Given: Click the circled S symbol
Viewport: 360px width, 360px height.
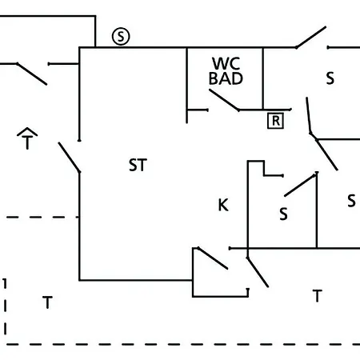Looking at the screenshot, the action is pos(121,36).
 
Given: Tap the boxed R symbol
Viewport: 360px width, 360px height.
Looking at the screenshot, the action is pos(275,121).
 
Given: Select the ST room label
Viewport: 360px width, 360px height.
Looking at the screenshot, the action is pos(138,165).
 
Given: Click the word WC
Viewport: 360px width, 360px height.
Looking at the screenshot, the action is pos(226,63).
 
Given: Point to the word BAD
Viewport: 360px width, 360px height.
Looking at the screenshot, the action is pos(226,78).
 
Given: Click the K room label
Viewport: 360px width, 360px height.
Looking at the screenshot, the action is pos(223,205).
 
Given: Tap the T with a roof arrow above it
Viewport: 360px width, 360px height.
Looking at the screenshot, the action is pos(27,138).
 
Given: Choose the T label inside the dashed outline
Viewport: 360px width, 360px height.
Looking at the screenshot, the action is pos(47,302).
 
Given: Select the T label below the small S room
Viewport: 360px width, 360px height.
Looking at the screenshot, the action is pos(317,296).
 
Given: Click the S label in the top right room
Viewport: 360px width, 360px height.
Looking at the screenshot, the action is pos(330,78).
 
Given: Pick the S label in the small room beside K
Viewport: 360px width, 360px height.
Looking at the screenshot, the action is pos(283,214).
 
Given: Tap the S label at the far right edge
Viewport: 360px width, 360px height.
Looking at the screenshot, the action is pos(351,201).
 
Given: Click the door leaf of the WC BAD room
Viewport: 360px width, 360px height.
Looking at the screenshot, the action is pos(224,100).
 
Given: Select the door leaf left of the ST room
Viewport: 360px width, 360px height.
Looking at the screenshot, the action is pos(69,158).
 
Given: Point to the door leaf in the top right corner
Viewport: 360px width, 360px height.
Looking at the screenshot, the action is pos(311,37).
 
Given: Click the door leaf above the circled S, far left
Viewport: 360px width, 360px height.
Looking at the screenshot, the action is pos(32,74).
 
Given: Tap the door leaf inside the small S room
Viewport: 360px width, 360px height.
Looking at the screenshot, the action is pos(301,185).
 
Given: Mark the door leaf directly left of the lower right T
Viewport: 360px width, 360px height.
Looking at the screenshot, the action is pos(258,272).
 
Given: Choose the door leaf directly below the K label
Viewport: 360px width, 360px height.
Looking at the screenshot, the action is pos(213,258).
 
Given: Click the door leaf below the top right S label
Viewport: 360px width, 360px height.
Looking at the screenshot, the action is pos(309,115).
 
